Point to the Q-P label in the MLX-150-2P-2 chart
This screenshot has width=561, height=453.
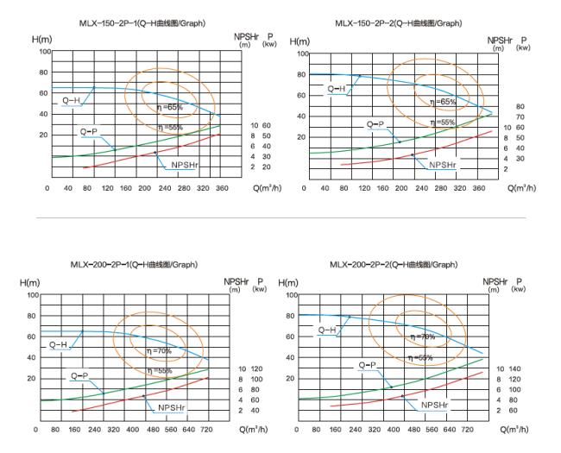pos(375,124)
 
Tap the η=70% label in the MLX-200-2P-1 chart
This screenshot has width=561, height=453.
pos(159,350)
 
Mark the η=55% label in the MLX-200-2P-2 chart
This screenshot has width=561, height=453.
pos(420,356)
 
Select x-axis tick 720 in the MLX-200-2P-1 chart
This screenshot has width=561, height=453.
pos(205,429)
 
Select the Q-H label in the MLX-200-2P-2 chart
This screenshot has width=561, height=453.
pos(327,330)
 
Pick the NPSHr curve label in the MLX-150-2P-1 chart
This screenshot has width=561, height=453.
pos(184,163)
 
